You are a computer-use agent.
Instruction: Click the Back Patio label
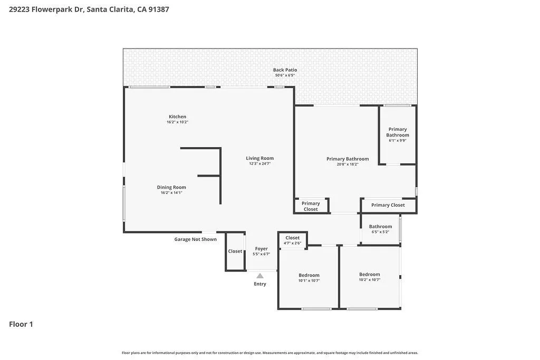pos(285,70)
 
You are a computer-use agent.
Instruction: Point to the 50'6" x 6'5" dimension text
pos(285,75)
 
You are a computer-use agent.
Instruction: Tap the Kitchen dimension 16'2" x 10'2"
pos(177,122)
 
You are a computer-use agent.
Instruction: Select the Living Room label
pos(259,158)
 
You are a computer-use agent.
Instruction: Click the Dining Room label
pos(171,187)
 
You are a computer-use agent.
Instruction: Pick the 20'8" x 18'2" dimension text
pos(348,164)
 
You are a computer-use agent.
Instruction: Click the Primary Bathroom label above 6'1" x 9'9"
pos(398,132)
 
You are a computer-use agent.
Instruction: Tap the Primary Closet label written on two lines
pos(311,206)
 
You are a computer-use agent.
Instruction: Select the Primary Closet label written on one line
pos(388,205)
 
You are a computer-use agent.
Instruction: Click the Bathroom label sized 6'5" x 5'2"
pos(380,227)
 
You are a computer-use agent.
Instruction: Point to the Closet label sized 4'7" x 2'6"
pos(292,238)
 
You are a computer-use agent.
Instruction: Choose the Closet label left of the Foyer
pos(235,251)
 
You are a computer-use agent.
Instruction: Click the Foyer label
pos(261,249)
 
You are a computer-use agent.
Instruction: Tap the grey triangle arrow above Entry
pos(260,276)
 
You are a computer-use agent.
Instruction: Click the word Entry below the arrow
pos(260,284)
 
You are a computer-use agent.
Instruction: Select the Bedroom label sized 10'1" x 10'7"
pos(309,275)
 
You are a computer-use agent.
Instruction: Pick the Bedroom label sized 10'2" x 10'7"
pos(370,274)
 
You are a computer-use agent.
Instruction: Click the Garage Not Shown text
pos(196,239)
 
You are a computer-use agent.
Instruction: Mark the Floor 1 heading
pos(21,324)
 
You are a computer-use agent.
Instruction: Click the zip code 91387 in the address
pos(158,9)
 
